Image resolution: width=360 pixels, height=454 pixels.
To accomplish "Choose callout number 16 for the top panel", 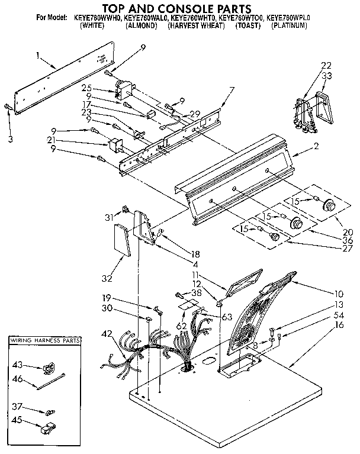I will point(339,325).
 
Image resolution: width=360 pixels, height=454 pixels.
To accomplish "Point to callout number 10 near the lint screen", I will point(339,292).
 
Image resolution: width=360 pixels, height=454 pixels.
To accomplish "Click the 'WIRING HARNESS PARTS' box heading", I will point(45,342).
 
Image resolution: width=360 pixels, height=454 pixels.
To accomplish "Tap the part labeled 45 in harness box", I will point(17,421).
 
